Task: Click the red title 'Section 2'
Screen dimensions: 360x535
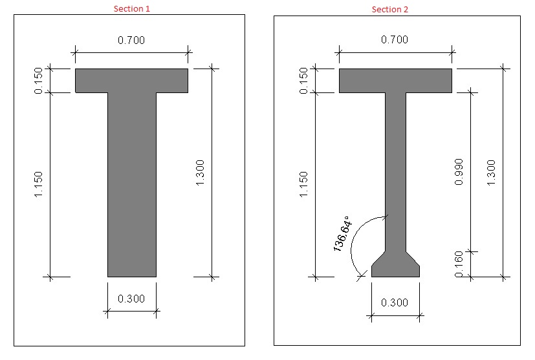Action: tap(389, 9)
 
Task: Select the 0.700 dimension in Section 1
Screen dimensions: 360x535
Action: tap(131, 40)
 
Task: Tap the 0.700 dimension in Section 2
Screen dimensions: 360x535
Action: tap(395, 39)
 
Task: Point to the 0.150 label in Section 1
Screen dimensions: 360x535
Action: tap(39, 81)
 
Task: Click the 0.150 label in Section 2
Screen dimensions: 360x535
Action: tap(303, 81)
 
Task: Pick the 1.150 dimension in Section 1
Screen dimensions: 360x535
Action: tap(39, 184)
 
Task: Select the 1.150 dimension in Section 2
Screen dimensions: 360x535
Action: tap(303, 184)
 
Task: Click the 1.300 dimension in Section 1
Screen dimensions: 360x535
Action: tap(200, 173)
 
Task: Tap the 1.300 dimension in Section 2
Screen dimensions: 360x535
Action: tap(491, 173)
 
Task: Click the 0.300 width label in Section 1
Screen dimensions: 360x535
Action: tap(131, 299)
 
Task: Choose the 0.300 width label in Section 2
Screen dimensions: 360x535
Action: tap(395, 302)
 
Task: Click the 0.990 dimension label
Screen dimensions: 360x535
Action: tap(459, 173)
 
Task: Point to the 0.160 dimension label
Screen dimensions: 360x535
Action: tap(459, 265)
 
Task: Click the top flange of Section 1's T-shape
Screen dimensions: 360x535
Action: tap(131, 80)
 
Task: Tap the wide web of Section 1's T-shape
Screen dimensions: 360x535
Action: tap(131, 184)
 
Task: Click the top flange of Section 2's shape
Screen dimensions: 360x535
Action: tap(395, 80)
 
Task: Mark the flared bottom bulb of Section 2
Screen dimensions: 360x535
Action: tap(395, 266)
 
